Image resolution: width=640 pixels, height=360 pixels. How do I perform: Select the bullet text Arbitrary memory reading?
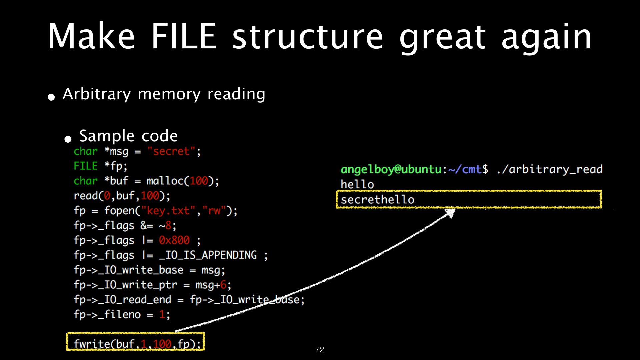164,94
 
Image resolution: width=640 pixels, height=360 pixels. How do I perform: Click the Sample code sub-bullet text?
128,136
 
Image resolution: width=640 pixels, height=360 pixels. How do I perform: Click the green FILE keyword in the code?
86,166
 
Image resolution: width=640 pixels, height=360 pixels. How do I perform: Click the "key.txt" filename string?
168,211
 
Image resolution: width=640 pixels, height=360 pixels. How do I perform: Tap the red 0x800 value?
174,240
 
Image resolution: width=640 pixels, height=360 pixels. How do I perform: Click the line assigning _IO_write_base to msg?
149,270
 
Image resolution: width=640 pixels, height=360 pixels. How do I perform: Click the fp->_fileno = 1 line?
122,314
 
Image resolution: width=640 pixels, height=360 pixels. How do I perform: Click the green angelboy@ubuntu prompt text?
391,170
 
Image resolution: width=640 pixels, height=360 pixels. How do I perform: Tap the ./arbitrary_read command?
549,169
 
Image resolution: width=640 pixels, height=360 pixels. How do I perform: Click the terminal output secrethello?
377,200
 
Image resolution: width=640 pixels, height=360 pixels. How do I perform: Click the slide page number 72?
320,350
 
